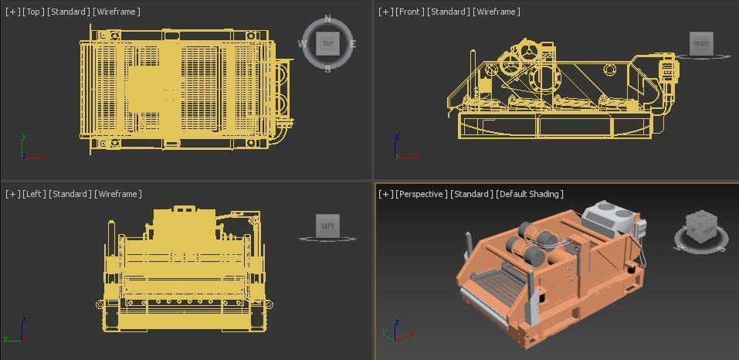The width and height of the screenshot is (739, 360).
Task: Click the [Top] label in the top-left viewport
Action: tap(33, 12)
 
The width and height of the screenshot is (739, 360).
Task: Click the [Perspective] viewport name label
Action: tap(421, 194)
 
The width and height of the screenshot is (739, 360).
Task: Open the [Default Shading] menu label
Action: tap(530, 194)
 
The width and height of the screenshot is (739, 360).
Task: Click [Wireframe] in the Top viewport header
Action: tap(117, 12)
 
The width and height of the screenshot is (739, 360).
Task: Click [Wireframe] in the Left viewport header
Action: tap(118, 194)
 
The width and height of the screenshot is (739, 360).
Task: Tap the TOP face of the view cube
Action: tap(327, 44)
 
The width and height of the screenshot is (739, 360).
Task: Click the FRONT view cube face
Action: tap(701, 44)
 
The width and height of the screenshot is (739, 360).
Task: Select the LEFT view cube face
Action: tap(328, 226)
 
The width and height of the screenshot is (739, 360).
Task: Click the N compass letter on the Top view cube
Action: tap(327, 19)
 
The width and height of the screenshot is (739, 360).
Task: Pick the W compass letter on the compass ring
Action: tap(302, 44)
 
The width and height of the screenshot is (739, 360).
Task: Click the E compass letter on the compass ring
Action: tap(353, 44)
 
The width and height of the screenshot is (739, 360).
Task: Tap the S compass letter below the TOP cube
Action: tap(327, 70)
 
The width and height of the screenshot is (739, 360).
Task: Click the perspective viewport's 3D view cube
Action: tap(702, 226)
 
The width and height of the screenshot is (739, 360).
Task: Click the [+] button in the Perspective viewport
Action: tap(385, 194)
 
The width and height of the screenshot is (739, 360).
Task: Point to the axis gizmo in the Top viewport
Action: tap(29, 150)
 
